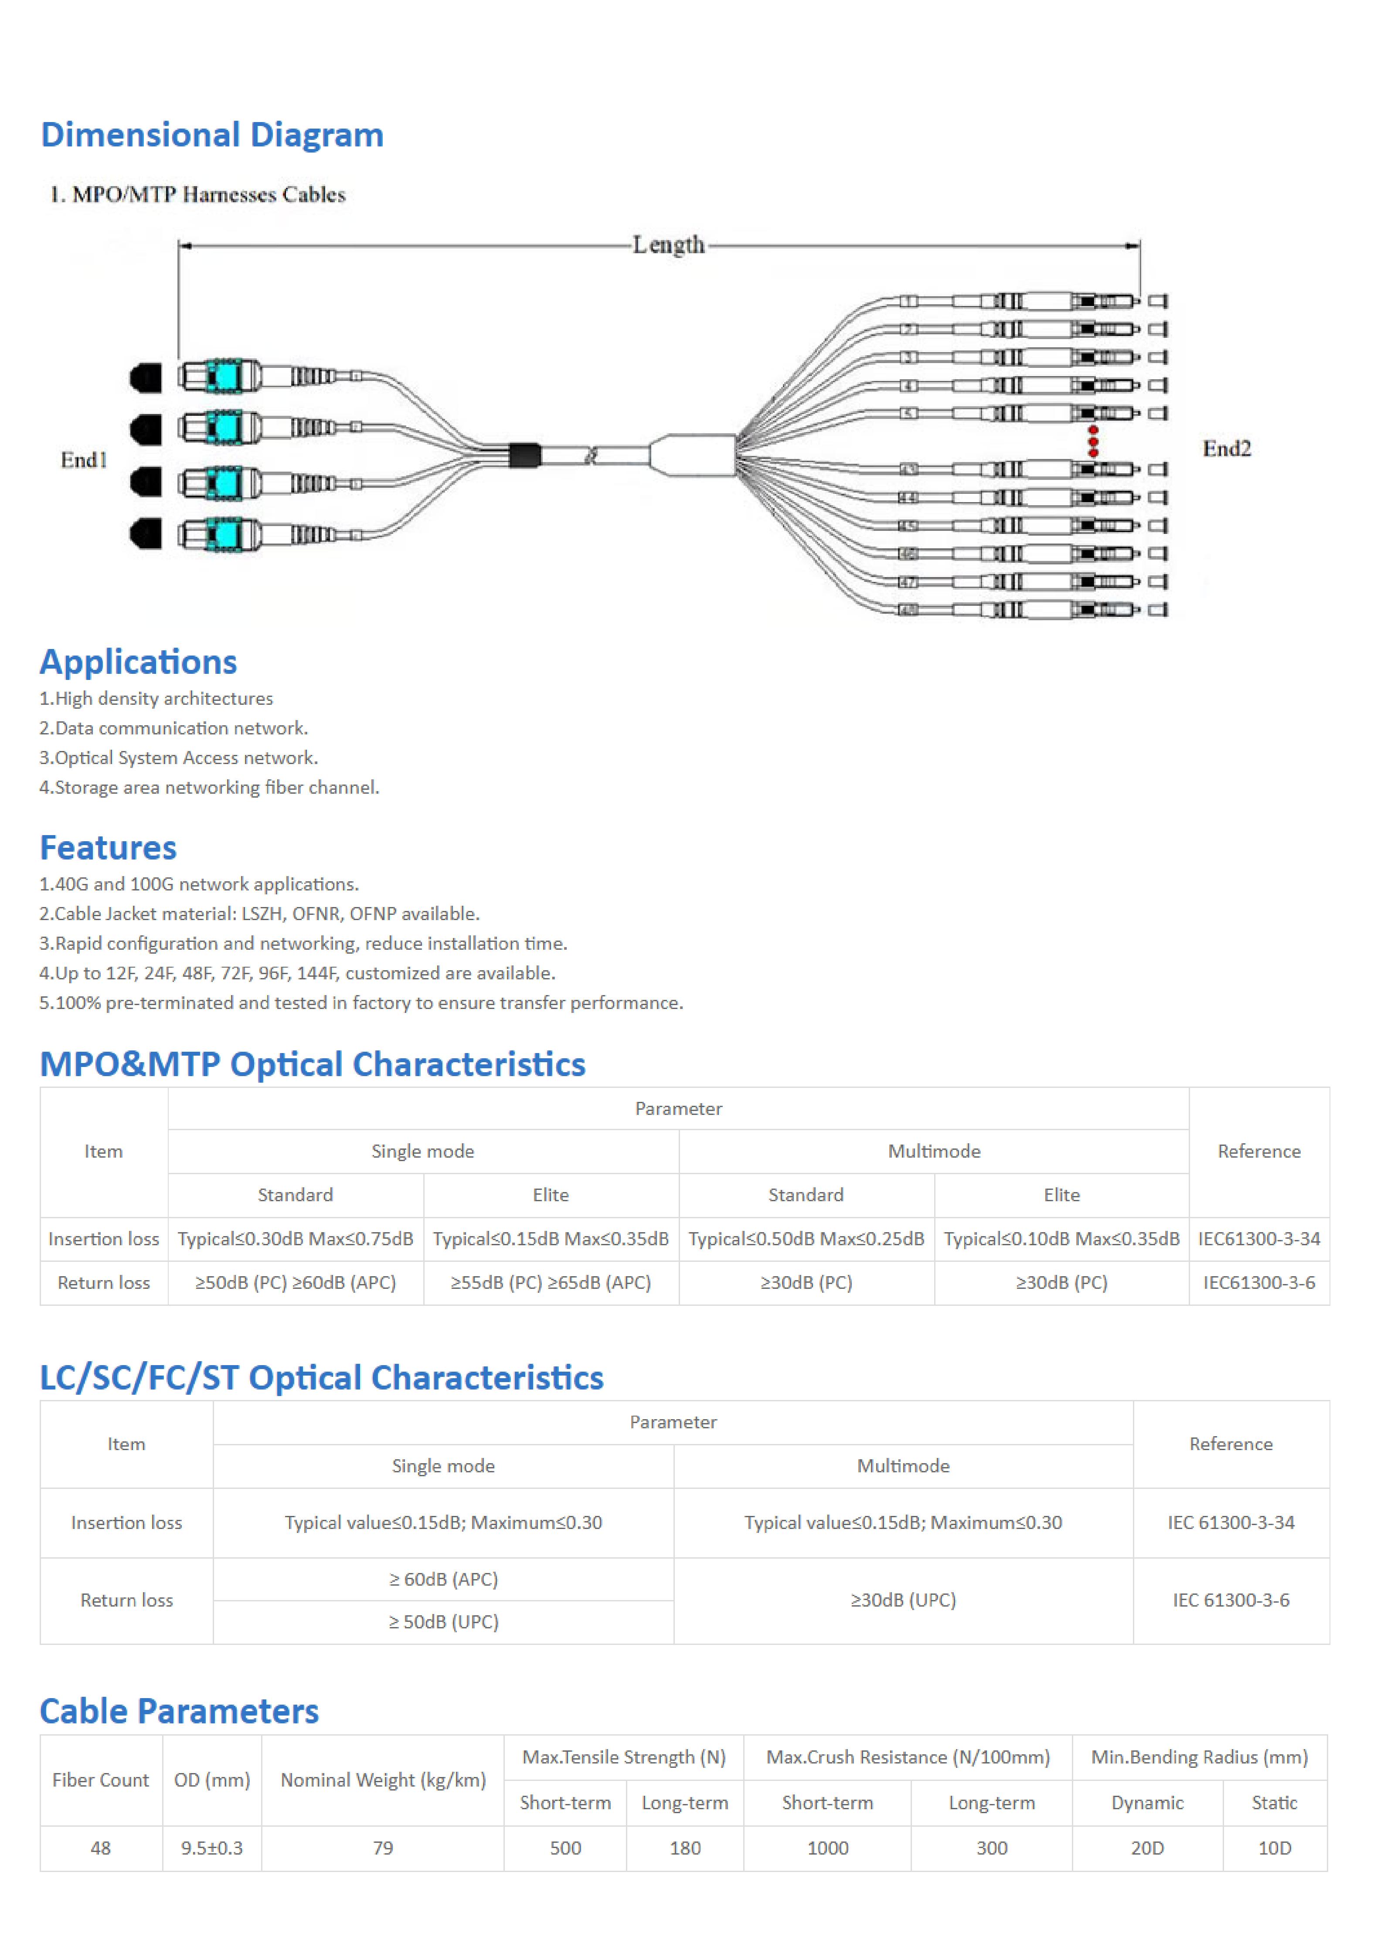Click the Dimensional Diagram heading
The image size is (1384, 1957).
212,135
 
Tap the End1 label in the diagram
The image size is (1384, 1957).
84,460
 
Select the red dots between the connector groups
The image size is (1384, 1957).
1093,442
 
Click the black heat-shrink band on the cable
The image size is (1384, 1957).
524,455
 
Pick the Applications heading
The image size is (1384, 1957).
138,662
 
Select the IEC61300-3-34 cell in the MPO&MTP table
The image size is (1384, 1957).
1259,1238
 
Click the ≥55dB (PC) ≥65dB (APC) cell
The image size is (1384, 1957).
551,1283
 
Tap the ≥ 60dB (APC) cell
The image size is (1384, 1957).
443,1580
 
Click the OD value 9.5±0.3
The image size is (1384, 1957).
211,1848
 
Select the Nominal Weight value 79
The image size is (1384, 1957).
383,1848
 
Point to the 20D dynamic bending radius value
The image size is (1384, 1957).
1147,1848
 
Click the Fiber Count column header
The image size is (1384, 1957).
101,1780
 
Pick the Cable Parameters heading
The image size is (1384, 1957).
179,1711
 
